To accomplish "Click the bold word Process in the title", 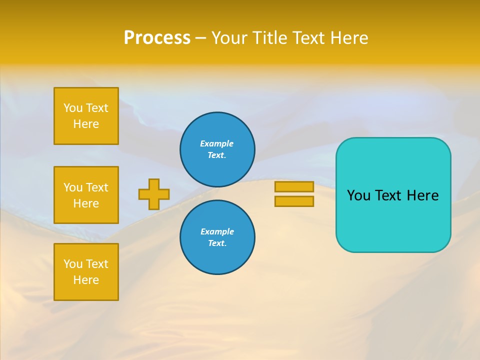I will (x=157, y=38).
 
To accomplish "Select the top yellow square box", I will (x=86, y=116).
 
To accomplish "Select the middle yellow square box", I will (x=86, y=195).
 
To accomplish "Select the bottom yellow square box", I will (x=86, y=272).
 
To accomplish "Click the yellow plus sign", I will (x=154, y=194).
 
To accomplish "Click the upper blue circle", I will (x=217, y=149).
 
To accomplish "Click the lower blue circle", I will (x=217, y=237).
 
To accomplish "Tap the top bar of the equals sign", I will (x=294, y=187).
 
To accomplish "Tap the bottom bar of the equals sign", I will (x=294, y=201).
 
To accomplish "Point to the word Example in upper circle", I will (x=217, y=143).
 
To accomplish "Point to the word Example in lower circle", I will (x=217, y=231).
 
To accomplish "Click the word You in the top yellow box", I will (x=72, y=108).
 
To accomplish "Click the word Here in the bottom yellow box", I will (x=86, y=280).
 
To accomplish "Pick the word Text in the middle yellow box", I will (x=97, y=187).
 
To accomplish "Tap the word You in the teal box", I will (x=358, y=195).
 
